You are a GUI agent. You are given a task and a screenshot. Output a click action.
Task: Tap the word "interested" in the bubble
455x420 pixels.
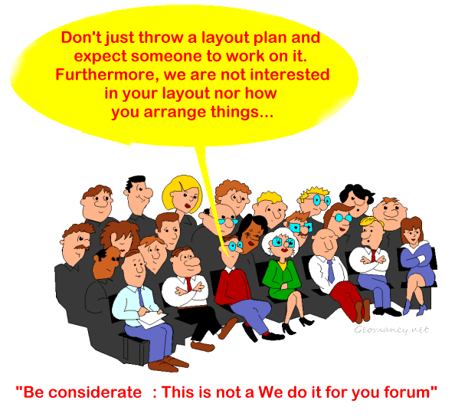(290, 74)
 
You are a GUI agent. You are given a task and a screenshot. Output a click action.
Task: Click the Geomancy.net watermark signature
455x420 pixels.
(391, 330)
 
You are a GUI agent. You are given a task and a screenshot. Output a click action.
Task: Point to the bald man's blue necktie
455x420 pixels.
(330, 271)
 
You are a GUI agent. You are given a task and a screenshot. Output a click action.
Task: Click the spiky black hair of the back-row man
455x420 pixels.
(134, 181)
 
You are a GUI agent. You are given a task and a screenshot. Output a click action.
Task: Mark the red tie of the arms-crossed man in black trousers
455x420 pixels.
(189, 284)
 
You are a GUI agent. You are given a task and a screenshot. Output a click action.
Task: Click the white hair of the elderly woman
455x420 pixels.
(279, 236)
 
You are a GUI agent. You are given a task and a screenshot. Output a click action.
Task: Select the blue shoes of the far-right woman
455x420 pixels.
(415, 307)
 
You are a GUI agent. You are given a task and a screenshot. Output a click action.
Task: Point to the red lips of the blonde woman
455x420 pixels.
(188, 206)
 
